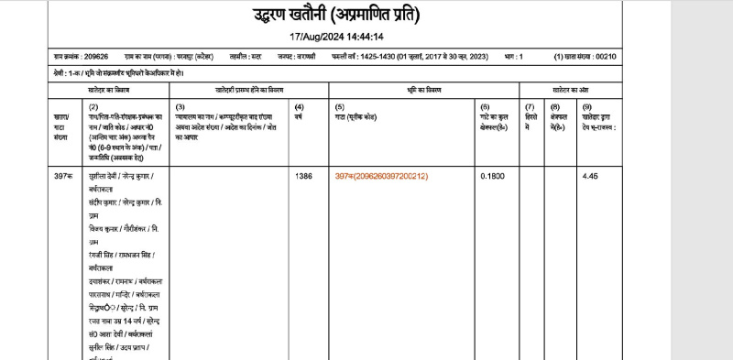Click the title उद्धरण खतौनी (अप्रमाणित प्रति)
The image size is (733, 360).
tap(336, 16)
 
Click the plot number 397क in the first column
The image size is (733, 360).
tap(62, 176)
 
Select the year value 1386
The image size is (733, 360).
tap(303, 176)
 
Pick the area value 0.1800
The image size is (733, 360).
tap(493, 176)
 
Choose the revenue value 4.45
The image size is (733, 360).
tap(590, 176)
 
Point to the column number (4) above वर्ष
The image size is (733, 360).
tap(299, 108)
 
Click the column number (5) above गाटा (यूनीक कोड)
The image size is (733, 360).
tap(339, 108)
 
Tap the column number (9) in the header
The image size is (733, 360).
tap(586, 108)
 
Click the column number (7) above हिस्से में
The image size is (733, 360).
tap(530, 108)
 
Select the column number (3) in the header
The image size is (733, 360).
tap(180, 108)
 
